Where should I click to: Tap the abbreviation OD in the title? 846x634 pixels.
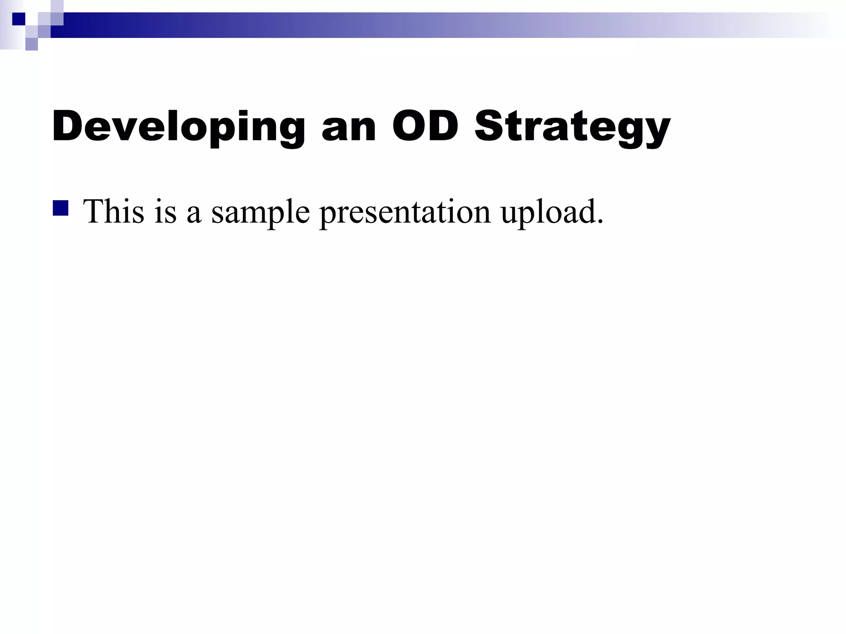(x=425, y=126)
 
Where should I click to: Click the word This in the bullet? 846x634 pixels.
(x=114, y=211)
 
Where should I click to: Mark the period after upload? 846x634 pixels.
(x=600, y=222)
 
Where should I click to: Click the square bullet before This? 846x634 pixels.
(x=60, y=208)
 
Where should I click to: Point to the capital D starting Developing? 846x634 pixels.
(x=69, y=126)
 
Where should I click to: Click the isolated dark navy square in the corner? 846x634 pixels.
(x=19, y=19)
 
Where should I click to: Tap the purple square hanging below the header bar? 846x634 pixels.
(x=31, y=44)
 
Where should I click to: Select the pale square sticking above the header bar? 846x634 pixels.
(x=57, y=6)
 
